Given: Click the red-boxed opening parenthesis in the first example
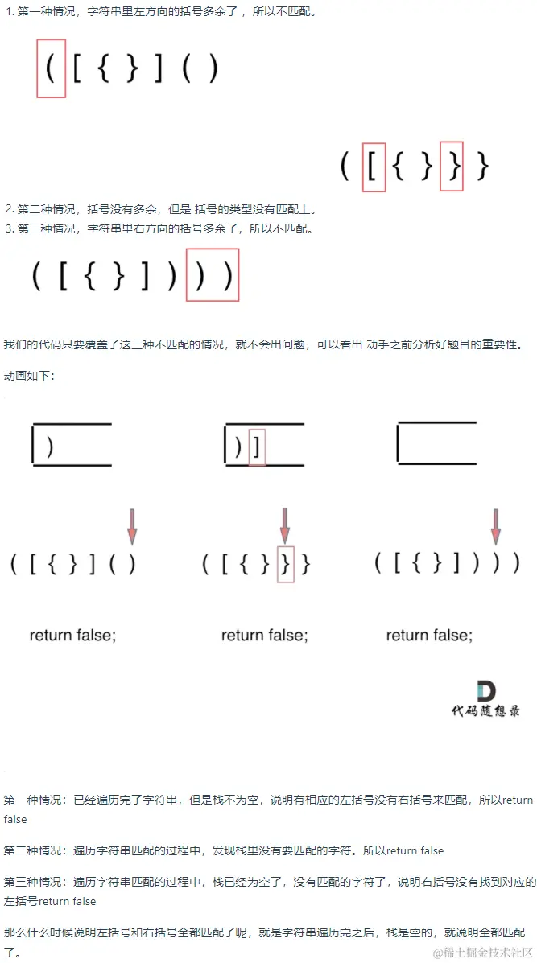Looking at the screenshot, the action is click(x=51, y=68).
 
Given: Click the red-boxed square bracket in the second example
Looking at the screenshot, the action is click(x=372, y=167).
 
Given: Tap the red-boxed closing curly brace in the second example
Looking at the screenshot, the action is click(x=453, y=167).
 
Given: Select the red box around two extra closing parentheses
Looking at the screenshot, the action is click(x=212, y=274).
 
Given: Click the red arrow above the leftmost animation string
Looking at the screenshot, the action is click(x=131, y=525).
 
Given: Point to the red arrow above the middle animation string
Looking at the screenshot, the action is click(x=284, y=525).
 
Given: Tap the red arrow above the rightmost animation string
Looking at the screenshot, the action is click(x=497, y=525).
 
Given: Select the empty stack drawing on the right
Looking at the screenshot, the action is click(x=437, y=442).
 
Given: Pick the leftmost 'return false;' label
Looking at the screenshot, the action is click(x=72, y=635).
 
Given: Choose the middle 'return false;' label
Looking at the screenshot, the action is click(x=265, y=635).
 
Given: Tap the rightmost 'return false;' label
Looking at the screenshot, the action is click(x=429, y=635).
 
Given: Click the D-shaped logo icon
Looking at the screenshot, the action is click(x=486, y=691).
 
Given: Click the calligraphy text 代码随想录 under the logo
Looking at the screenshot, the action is click(x=485, y=711).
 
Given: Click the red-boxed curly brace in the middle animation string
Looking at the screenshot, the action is click(x=286, y=564).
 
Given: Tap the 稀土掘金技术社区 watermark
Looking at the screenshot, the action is click(x=482, y=953).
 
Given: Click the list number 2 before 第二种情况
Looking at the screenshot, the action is click(x=9, y=209).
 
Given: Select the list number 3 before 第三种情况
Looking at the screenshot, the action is click(x=9, y=229).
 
